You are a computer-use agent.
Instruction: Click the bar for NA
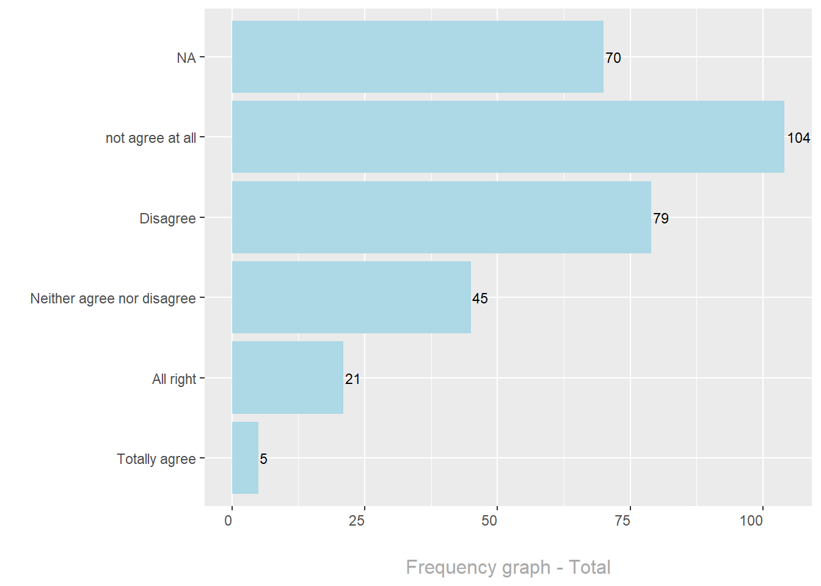(x=417, y=57)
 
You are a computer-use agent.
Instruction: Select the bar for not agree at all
(x=508, y=137)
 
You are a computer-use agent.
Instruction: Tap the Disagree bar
(x=441, y=217)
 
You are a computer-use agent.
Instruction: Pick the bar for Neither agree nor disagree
(x=351, y=297)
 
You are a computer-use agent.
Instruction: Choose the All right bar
(x=287, y=378)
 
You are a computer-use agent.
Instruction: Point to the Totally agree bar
(x=245, y=458)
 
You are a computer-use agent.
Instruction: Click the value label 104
(x=798, y=138)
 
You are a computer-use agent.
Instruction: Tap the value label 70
(x=613, y=58)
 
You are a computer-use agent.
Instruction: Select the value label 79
(x=660, y=219)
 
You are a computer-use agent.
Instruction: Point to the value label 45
(x=480, y=298)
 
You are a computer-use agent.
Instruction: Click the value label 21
(x=352, y=379)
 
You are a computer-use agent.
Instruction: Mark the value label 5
(x=263, y=459)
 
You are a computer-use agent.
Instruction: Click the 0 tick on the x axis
(x=228, y=521)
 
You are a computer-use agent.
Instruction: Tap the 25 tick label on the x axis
(x=356, y=521)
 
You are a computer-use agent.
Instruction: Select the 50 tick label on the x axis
(x=489, y=521)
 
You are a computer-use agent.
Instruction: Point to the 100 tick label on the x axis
(x=751, y=521)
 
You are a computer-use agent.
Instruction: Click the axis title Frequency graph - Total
(x=508, y=567)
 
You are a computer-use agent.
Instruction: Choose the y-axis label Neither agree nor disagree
(x=113, y=298)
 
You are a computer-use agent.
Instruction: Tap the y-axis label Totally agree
(x=156, y=459)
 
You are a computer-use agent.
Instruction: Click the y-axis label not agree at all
(x=151, y=138)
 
